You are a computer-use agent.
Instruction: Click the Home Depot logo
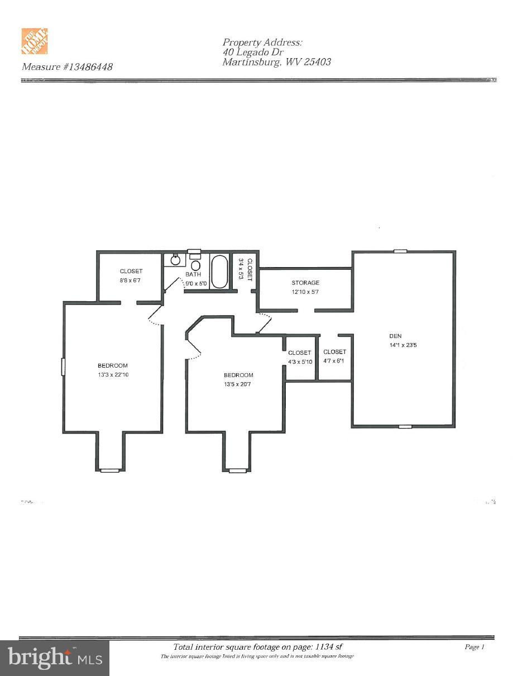click(x=35, y=42)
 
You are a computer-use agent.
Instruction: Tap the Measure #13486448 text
click(x=67, y=67)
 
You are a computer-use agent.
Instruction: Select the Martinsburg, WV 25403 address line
click(x=276, y=62)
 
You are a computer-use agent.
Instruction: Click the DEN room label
click(x=395, y=336)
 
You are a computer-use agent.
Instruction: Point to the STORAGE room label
click(x=305, y=283)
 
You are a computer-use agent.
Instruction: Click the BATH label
click(x=193, y=274)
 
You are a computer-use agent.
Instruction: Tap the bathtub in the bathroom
click(x=220, y=272)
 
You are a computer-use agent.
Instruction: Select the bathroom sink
click(x=175, y=260)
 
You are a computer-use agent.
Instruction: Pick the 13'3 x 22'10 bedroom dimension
click(x=113, y=375)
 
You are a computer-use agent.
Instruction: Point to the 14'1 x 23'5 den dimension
click(x=404, y=345)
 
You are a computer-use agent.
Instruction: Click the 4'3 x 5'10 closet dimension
click(x=300, y=362)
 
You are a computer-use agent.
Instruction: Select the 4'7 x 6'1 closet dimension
click(x=334, y=361)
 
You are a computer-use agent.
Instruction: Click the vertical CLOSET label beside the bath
click(x=251, y=269)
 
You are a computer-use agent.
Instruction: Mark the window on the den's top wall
click(x=400, y=251)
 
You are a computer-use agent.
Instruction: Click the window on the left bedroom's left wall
click(x=63, y=366)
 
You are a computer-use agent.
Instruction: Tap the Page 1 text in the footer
click(x=475, y=647)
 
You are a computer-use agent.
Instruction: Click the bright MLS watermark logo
click(x=55, y=658)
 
